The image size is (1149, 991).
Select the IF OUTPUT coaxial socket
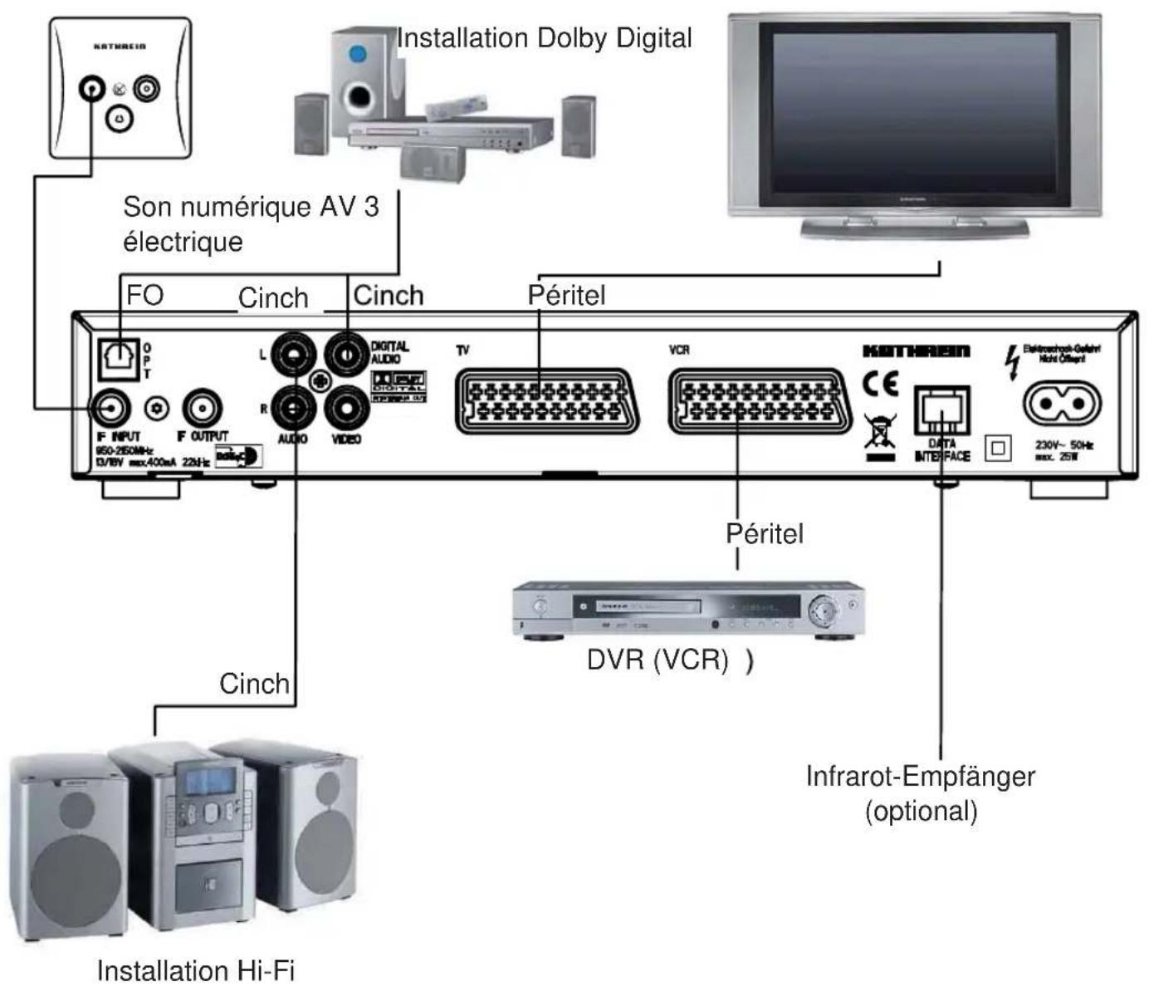[201, 408]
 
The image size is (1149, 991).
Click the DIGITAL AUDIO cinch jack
[345, 356]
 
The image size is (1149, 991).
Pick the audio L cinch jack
[295, 356]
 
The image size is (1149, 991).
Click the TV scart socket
[546, 401]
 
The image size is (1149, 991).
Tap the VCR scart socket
[759, 401]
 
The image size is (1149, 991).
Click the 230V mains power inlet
[1062, 404]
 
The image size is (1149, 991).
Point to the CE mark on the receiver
[880, 384]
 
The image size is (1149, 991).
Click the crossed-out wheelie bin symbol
[880, 430]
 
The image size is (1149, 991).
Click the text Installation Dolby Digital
[544, 38]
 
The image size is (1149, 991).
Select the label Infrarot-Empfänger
[920, 777]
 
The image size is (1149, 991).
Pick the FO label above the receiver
[144, 295]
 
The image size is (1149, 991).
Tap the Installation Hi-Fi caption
[196, 970]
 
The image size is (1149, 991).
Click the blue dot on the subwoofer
[358, 55]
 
